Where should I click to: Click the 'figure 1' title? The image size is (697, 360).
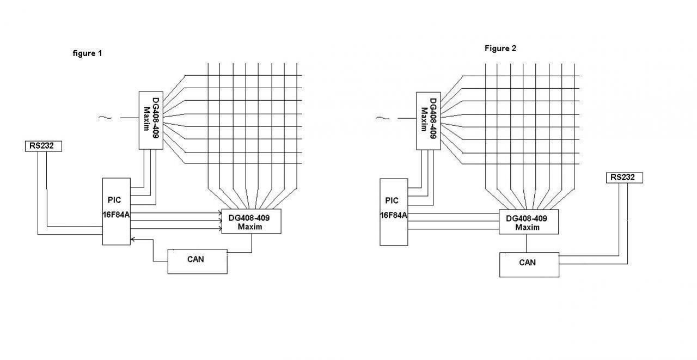click(87, 53)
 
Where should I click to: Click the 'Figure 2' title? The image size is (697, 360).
click(500, 48)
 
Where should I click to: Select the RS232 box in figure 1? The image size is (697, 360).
click(43, 146)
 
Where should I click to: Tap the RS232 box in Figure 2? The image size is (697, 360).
click(624, 178)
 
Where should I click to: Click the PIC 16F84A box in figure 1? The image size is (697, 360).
click(117, 211)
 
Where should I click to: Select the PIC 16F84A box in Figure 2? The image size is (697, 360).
click(393, 211)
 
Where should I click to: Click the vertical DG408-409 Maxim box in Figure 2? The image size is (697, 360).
click(428, 120)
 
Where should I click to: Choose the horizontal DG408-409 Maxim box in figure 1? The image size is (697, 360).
click(251, 221)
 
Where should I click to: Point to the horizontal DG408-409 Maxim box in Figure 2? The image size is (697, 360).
click(528, 222)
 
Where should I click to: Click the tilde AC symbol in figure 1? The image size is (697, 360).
click(105, 118)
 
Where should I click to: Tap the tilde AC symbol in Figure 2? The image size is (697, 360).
click(383, 118)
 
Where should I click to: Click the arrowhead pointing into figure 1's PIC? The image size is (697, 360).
click(133, 239)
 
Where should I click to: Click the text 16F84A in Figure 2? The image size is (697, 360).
click(393, 215)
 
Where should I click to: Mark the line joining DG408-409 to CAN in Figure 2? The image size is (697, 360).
click(527, 243)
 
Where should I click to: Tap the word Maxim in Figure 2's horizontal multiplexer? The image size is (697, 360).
click(527, 227)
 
